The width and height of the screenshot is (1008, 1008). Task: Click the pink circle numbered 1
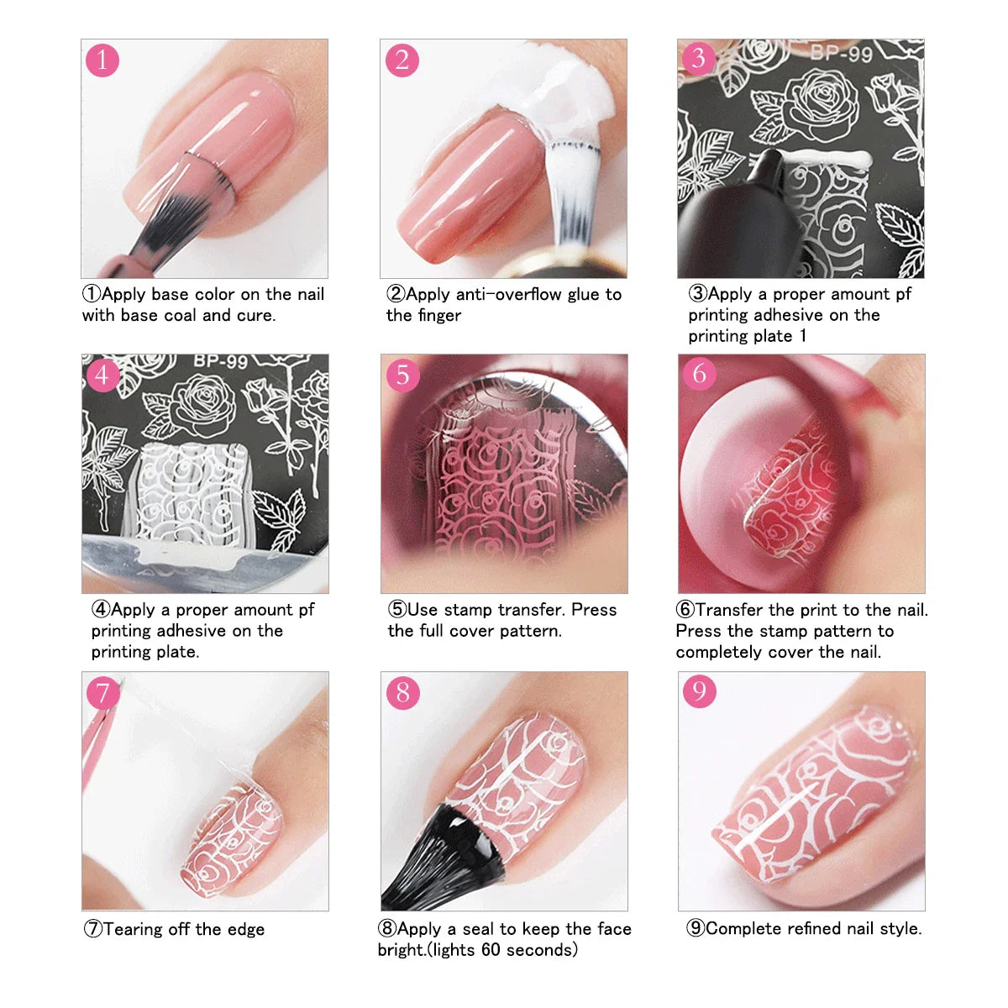coord(102,60)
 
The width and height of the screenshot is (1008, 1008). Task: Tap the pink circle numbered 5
coord(402,374)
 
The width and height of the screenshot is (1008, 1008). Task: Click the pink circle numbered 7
coord(102,692)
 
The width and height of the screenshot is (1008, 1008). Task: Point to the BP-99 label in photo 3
coord(841,54)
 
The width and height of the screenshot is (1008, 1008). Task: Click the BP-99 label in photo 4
coord(220,362)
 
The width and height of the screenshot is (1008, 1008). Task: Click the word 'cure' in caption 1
coord(255,316)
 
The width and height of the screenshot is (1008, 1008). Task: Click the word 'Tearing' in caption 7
coord(134,930)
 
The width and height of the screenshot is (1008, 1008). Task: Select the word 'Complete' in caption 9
coord(743,929)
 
